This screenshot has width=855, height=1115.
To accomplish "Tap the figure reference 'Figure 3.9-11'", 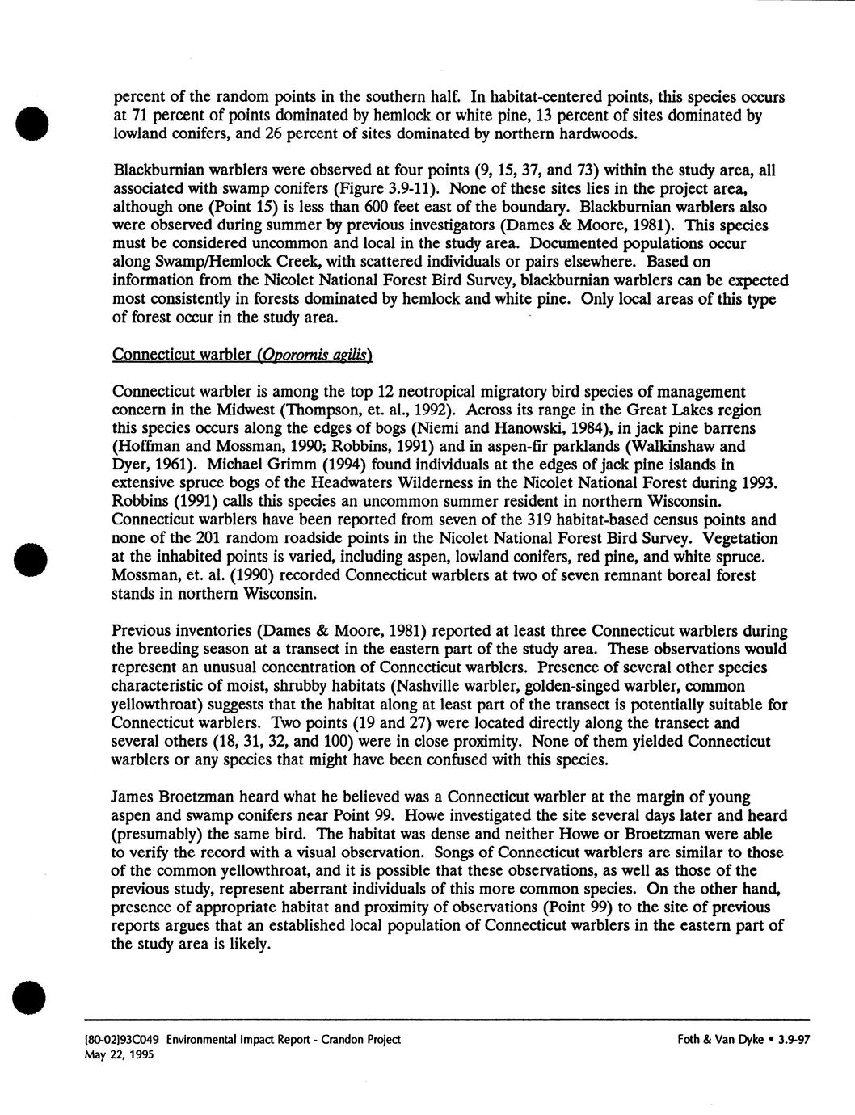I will (386, 188).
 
